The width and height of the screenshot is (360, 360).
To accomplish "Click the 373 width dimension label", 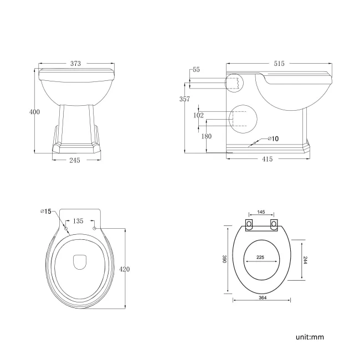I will click(x=76, y=64).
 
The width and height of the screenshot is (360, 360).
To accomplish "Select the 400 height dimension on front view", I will click(x=34, y=112).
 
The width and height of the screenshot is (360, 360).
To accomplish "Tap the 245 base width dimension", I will click(x=75, y=160).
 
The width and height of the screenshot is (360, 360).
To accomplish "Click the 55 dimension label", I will click(x=196, y=70).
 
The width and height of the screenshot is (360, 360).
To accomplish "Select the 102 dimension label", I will click(x=199, y=115).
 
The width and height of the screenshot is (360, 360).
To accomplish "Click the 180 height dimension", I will click(x=207, y=136).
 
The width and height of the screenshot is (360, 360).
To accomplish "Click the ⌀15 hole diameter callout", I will click(x=45, y=211).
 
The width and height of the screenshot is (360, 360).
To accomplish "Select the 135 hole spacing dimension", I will click(x=79, y=220).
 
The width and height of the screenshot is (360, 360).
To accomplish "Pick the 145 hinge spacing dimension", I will click(x=262, y=213).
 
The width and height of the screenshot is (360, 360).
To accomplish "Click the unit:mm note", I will click(x=309, y=336).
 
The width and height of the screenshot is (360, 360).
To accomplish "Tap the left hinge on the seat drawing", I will click(x=249, y=224).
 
